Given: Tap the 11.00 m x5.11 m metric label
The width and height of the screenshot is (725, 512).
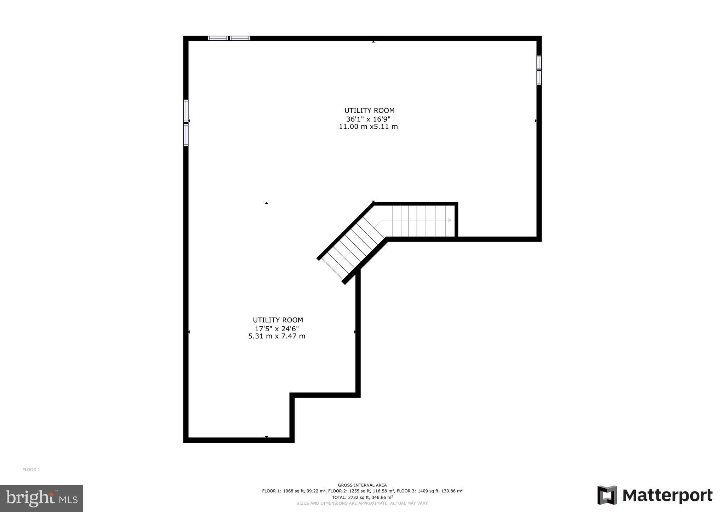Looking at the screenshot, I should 368,127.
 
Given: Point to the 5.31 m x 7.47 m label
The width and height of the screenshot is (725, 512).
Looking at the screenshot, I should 277,336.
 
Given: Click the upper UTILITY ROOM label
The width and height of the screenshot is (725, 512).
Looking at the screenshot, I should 369,111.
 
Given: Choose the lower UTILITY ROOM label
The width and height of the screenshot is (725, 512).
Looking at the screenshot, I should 278,320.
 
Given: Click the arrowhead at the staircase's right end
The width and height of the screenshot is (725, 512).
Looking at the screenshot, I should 450,220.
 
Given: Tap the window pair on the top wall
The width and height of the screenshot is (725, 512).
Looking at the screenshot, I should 229,38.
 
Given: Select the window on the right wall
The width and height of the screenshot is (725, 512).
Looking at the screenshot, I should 539,70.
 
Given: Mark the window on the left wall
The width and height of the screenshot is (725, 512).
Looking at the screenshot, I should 186,123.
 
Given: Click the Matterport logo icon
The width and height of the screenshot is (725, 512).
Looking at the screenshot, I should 607,495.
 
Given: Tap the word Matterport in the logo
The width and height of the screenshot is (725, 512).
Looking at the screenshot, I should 667,495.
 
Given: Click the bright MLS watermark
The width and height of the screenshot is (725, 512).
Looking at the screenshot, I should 42,498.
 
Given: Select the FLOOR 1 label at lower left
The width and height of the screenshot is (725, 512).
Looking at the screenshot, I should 31,470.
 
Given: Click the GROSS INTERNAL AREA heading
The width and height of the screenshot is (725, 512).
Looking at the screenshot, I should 362,485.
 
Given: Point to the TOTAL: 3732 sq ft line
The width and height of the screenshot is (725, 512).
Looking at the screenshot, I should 362,497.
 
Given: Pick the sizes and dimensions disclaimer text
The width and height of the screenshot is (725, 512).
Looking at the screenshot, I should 362,503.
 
